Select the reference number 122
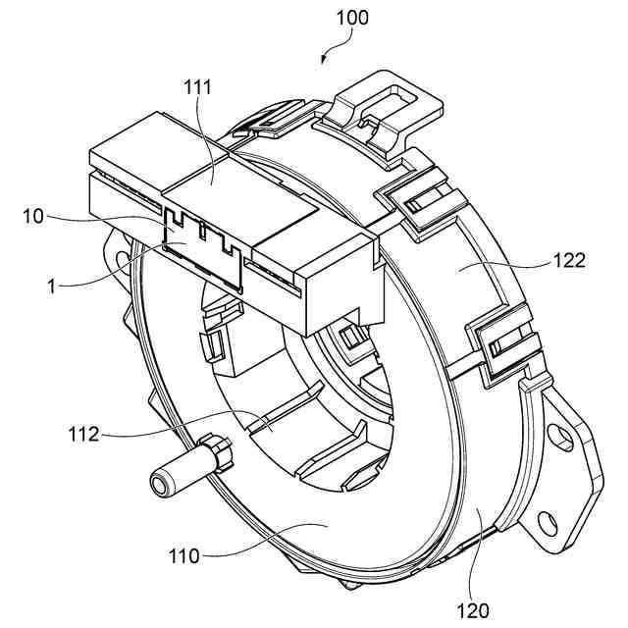[568, 261]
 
